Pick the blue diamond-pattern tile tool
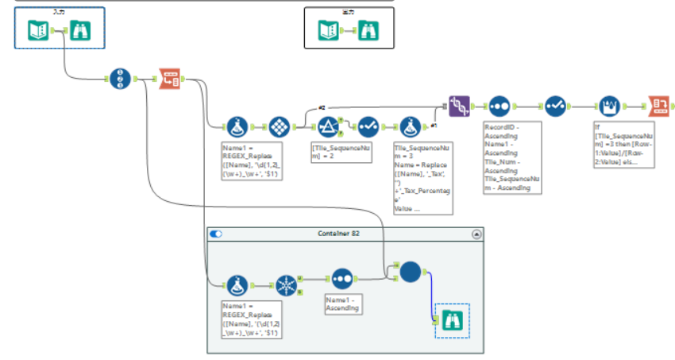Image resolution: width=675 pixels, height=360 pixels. (x=279, y=126)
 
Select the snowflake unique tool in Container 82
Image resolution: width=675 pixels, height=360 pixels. (x=286, y=283)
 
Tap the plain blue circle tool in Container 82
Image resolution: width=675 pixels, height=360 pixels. (x=410, y=273)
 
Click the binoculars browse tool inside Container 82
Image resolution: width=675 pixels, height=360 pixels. (x=452, y=321)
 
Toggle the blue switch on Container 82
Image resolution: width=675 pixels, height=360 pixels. (x=216, y=234)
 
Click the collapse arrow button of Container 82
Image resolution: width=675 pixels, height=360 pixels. (x=476, y=234)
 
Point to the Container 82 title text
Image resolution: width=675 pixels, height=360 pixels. (x=345, y=234)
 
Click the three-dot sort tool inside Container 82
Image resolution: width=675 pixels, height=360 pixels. (x=342, y=279)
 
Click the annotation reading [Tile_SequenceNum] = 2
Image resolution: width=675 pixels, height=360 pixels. (x=341, y=152)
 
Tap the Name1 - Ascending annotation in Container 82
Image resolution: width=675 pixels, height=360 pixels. (x=342, y=304)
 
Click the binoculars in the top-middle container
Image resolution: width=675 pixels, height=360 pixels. (x=369, y=30)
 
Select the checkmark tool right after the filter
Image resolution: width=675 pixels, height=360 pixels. (x=368, y=126)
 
